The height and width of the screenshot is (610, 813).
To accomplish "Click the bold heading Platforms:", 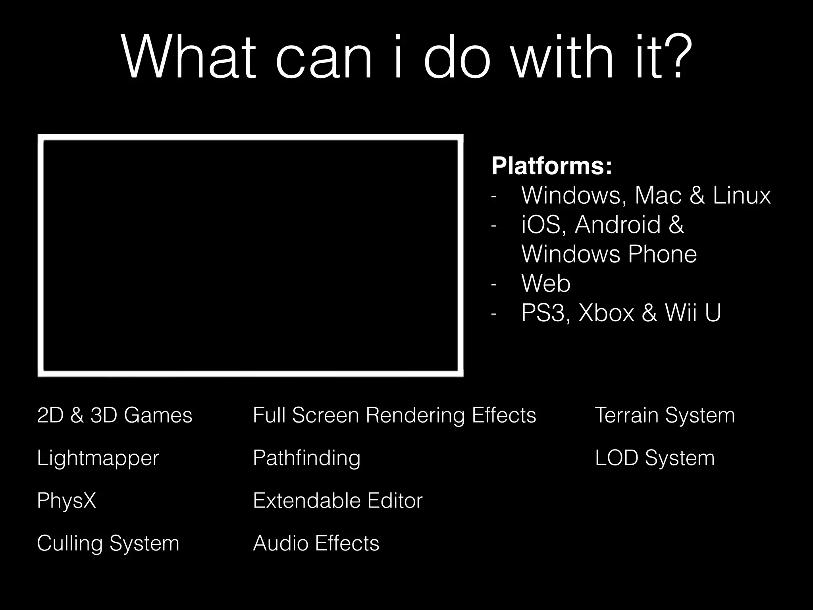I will [x=552, y=166].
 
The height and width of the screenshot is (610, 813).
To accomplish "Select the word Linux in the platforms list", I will [x=742, y=195].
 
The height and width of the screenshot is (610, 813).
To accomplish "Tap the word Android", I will [x=618, y=225].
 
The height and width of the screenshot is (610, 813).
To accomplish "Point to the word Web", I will [x=546, y=284].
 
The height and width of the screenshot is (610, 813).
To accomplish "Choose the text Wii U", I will [x=693, y=313].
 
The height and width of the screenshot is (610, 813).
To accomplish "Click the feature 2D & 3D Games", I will [x=114, y=415].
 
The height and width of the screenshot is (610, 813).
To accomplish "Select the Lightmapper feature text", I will [x=98, y=458].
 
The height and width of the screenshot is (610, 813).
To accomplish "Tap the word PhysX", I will [x=66, y=500].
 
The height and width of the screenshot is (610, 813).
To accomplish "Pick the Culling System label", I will [x=108, y=543].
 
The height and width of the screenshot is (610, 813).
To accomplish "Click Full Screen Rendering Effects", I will [x=394, y=415].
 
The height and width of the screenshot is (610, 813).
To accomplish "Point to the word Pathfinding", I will [x=306, y=458].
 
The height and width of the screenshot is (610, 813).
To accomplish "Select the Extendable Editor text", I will [x=337, y=500].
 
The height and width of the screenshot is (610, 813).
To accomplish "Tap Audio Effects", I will [x=316, y=543].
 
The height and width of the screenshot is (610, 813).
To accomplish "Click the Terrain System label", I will [x=665, y=415].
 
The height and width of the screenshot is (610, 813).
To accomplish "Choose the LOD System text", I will [x=655, y=458].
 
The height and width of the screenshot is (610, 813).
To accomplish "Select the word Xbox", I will [x=606, y=313].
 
